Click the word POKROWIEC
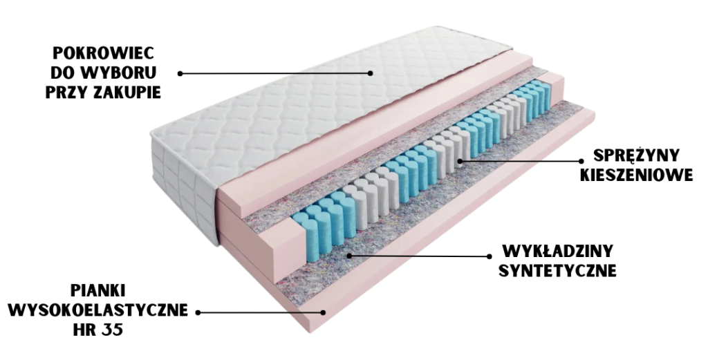104,53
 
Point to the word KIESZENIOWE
636,175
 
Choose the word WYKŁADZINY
557,250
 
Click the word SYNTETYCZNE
557,270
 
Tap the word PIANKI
98,290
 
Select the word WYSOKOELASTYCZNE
98,310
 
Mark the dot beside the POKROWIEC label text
180,73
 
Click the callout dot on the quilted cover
371,73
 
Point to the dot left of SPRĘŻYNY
581,160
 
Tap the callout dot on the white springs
460,160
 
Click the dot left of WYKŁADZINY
489,256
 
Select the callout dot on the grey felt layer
349,256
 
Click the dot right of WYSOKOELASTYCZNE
198,312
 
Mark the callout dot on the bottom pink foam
323,312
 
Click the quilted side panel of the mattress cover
183,185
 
